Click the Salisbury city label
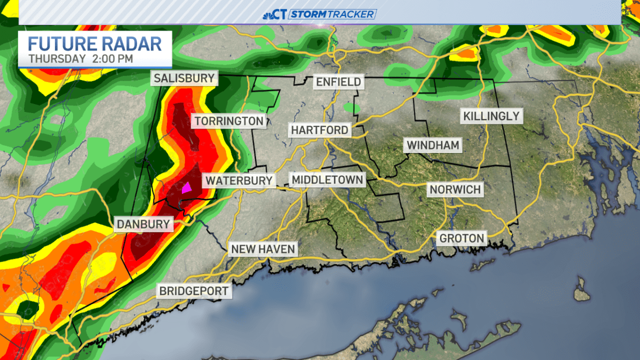[x=184, y=78]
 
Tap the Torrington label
[x=229, y=121]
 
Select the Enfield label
[x=339, y=82]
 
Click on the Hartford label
[x=319, y=130]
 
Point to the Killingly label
[x=491, y=116]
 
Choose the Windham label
[x=433, y=145]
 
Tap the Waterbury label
[x=239, y=180]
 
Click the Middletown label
[x=327, y=179]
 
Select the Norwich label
[x=455, y=189]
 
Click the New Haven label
[x=262, y=249]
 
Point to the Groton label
[x=462, y=238]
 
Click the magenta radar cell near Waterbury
[x=187, y=188]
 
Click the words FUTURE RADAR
[x=94, y=43]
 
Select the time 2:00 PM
[x=111, y=58]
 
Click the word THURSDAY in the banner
[x=57, y=58]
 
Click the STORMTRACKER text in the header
[x=332, y=14]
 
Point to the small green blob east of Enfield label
[x=351, y=108]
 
